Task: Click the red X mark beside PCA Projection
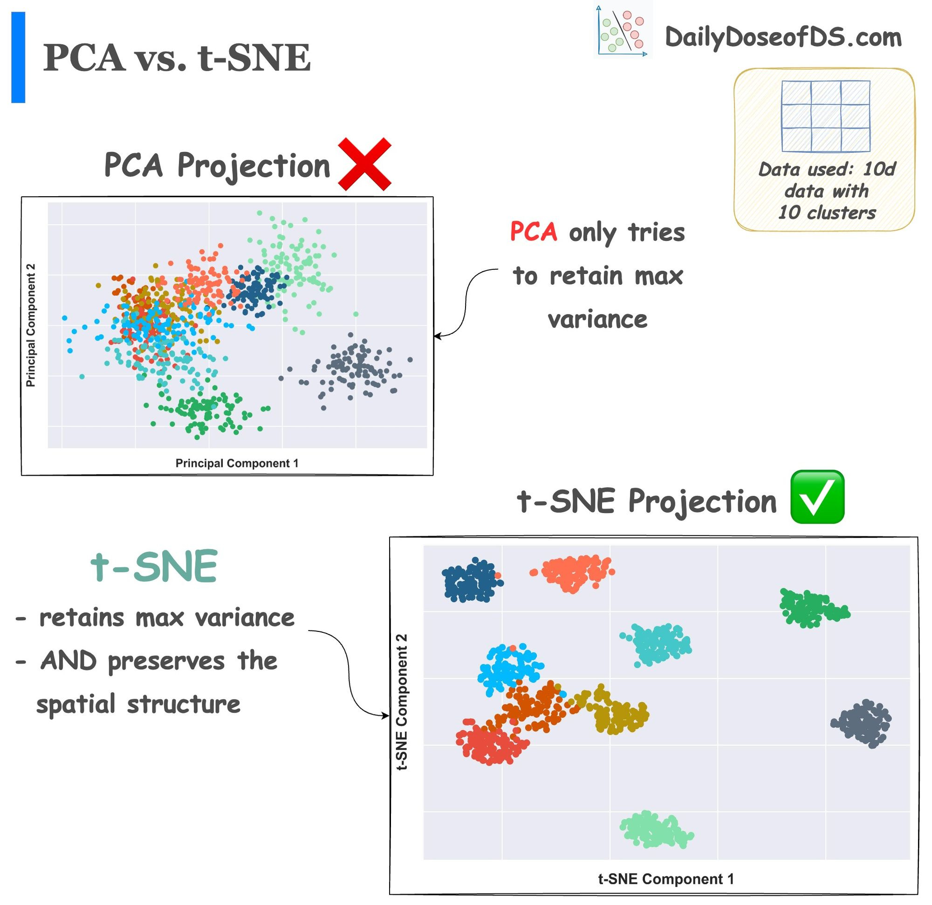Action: [x=364, y=164]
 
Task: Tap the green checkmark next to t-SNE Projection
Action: [x=816, y=497]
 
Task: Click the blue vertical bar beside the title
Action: [x=18, y=57]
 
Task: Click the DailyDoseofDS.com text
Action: [x=782, y=37]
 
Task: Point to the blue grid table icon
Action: [x=825, y=116]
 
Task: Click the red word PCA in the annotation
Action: [x=533, y=232]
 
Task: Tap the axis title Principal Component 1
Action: [x=237, y=463]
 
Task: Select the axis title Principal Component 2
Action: [x=30, y=325]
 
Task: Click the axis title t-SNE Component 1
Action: [x=666, y=879]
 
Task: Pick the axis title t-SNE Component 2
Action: [x=402, y=701]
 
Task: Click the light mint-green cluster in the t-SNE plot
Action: [x=655, y=830]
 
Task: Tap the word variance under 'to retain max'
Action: [x=597, y=319]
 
